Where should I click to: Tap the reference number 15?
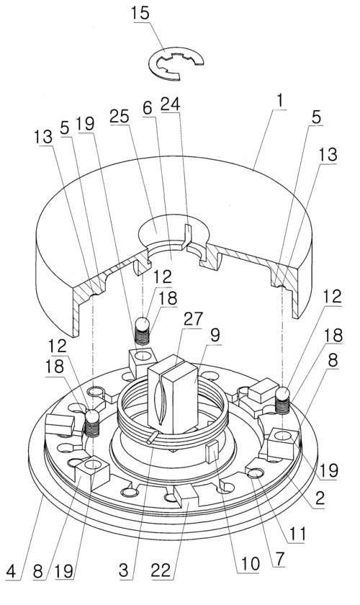pyautogui.click(x=140, y=13)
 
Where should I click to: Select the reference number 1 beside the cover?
pyautogui.click(x=280, y=101)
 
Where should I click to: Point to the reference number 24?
pyautogui.click(x=171, y=104)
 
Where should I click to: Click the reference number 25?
pyautogui.click(x=120, y=116)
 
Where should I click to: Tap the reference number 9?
pyautogui.click(x=215, y=334)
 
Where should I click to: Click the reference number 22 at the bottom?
pyautogui.click(x=161, y=570)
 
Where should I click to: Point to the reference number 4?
pyautogui.click(x=11, y=570)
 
